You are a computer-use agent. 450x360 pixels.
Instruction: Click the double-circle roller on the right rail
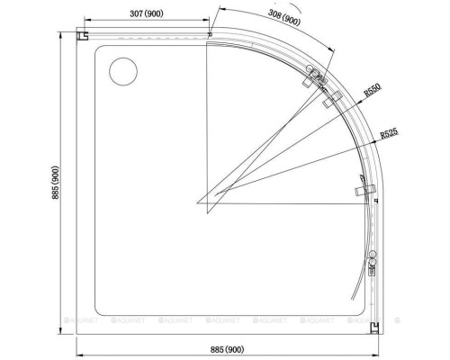[x=371, y=255]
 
